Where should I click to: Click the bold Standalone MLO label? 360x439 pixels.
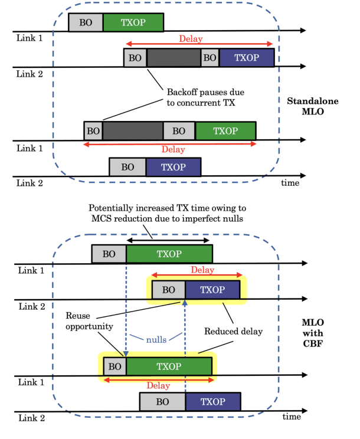(320, 106)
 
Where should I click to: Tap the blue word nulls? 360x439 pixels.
(156, 339)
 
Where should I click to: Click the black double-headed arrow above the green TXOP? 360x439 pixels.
(168, 241)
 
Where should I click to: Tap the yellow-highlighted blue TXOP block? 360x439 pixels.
(212, 290)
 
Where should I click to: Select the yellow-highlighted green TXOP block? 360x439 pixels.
(169, 366)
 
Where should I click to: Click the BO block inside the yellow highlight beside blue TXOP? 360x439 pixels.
(169, 290)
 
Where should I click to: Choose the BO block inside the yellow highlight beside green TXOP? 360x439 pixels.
(114, 366)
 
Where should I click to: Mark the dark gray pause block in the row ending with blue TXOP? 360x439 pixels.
(174, 58)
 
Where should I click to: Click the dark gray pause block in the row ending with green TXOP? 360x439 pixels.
(133, 130)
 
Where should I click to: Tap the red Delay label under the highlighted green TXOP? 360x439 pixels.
(158, 386)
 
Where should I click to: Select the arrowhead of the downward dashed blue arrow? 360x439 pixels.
(126, 353)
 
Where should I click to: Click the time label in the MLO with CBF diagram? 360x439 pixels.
(292, 417)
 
